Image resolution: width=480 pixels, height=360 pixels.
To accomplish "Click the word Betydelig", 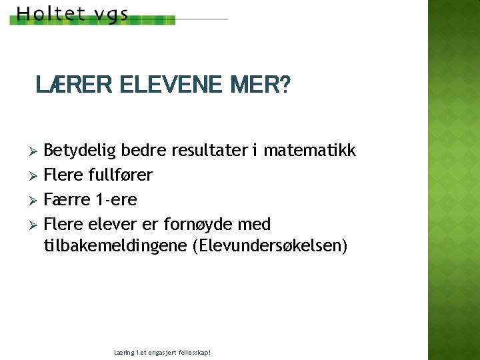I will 78,151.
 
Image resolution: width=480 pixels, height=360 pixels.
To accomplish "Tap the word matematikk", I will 310,151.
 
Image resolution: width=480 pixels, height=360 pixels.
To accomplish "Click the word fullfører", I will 121,175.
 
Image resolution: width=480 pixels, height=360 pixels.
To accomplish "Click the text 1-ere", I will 116,199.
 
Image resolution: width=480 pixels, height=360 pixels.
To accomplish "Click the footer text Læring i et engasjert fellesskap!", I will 163,351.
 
